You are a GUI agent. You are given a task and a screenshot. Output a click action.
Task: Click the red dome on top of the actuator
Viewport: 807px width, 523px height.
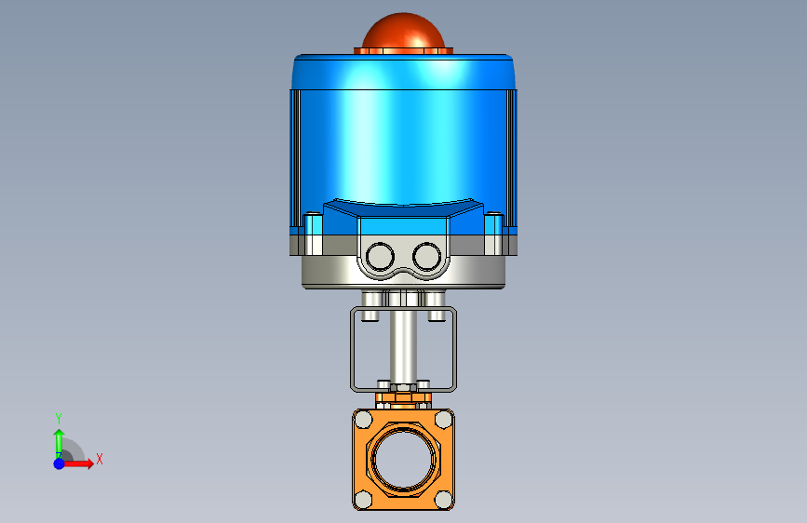(403, 33)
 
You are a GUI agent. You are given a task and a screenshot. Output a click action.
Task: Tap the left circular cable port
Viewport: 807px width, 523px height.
(380, 256)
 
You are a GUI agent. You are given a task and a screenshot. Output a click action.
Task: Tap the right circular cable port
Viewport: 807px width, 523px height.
(426, 256)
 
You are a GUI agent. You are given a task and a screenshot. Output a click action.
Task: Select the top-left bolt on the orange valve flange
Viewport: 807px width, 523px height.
(364, 420)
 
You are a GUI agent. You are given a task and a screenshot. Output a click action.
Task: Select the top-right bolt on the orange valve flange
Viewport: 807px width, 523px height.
(443, 420)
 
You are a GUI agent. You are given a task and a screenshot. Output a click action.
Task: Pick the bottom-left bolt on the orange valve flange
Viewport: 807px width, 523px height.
(364, 500)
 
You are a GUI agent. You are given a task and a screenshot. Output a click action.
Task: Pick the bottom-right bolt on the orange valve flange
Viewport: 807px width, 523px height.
(443, 500)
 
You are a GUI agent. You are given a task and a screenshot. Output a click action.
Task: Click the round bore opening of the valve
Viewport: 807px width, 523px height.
(404, 460)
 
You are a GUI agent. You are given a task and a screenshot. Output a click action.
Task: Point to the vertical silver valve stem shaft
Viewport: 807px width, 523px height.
(403, 345)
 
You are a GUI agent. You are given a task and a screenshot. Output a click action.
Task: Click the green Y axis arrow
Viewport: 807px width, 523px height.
(60, 443)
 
